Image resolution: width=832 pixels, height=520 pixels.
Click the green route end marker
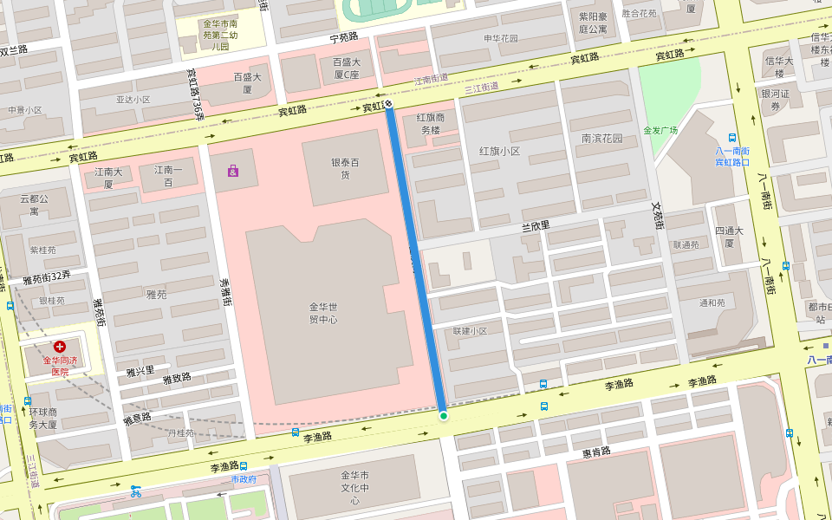pos(443,416)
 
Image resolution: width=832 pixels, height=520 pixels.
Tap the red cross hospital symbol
pos(60,347)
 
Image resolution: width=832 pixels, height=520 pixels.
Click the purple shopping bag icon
pos(233,171)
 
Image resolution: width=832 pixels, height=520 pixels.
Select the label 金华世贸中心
pos(322,313)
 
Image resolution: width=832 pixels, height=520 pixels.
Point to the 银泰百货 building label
pos(345,168)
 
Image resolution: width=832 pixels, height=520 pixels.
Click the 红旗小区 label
pos(499,151)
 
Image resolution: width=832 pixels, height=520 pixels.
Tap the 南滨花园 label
pos(602,139)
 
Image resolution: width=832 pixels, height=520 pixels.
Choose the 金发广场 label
pos(660,131)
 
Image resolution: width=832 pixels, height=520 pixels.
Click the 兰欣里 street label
pos(536,226)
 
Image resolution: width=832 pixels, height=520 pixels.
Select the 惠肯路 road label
pos(596,452)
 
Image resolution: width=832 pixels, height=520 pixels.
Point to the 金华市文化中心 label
pos(354,488)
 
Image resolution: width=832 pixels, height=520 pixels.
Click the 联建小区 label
pos(470,331)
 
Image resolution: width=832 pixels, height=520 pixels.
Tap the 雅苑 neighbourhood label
pos(156,295)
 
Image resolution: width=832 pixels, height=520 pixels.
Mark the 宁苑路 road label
pos(343,38)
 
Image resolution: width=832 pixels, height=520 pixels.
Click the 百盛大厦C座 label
pos(346,68)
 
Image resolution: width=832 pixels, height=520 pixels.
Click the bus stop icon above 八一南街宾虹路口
pos(732,137)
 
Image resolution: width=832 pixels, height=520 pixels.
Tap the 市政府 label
pos(244,478)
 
